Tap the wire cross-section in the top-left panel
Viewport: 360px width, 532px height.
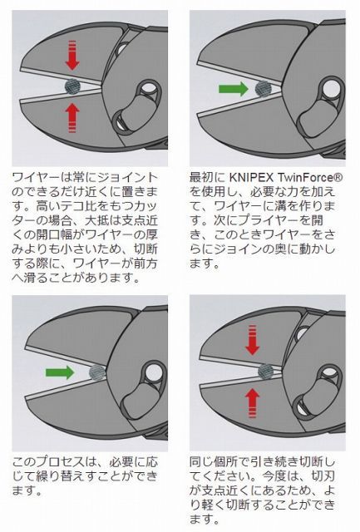pyautogui.click(x=73, y=85)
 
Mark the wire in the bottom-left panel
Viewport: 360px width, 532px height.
pyautogui.click(x=97, y=372)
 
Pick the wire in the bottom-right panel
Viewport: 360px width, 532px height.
pyautogui.click(x=266, y=372)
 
